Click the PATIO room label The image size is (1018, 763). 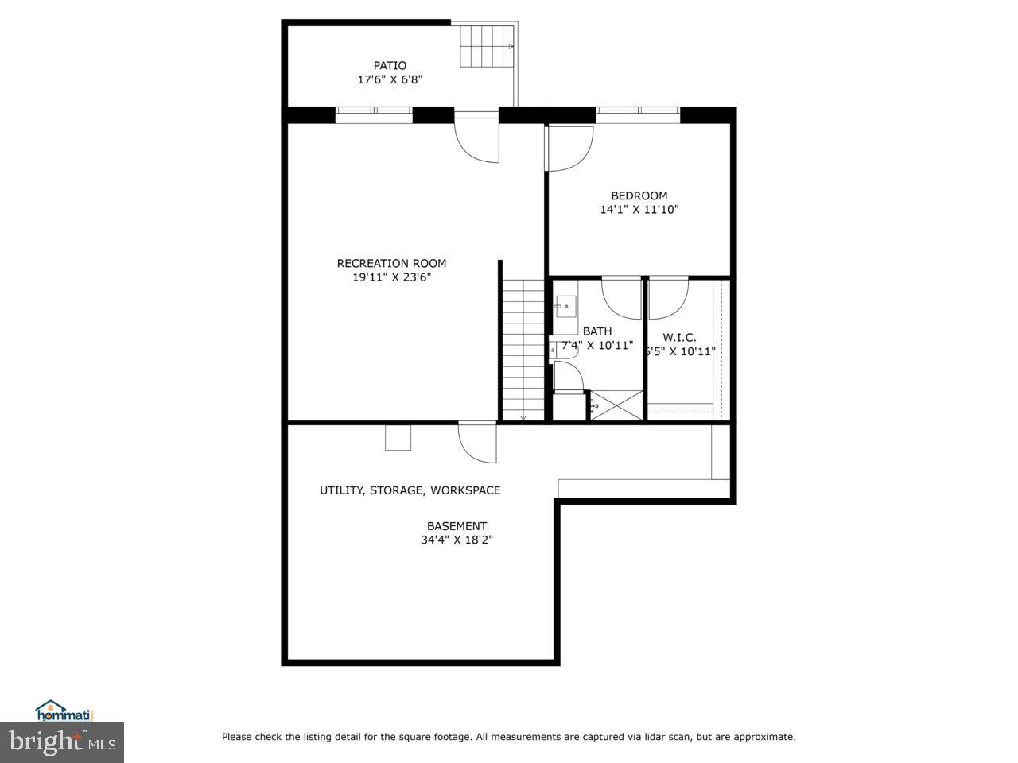pyautogui.click(x=390, y=65)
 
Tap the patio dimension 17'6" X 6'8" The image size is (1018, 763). pyautogui.click(x=390, y=79)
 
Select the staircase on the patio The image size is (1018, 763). pyautogui.click(x=487, y=47)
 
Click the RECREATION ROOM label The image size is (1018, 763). pyautogui.click(x=391, y=263)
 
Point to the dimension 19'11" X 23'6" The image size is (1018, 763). pyautogui.click(x=391, y=277)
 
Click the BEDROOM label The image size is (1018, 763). pyautogui.click(x=639, y=196)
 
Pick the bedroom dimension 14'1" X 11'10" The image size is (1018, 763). pyautogui.click(x=639, y=210)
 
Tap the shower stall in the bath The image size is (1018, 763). pyautogui.click(x=616, y=405)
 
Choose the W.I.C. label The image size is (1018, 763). pyautogui.click(x=679, y=337)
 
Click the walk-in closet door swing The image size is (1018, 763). pyautogui.click(x=668, y=298)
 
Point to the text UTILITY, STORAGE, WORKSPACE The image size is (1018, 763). pyautogui.click(x=410, y=490)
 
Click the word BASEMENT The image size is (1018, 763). pyautogui.click(x=457, y=525)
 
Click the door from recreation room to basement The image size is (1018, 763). pyautogui.click(x=477, y=442)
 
